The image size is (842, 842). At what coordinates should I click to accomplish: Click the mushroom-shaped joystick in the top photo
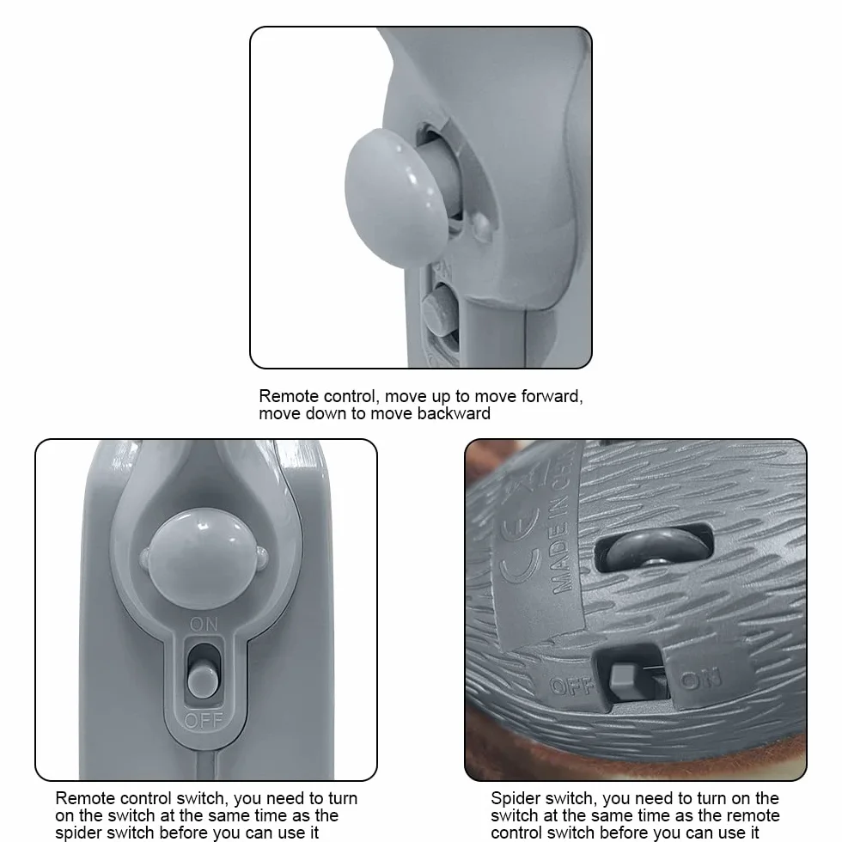[394, 197]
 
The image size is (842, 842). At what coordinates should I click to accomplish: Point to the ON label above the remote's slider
[204, 624]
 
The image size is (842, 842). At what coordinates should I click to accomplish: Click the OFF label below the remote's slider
[204, 720]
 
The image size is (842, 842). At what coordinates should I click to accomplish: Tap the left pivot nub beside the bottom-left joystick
[144, 558]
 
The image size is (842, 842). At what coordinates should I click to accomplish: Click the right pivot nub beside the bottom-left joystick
[263, 557]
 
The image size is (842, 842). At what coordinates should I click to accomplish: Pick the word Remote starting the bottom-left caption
[84, 798]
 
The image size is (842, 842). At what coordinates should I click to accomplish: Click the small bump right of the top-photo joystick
[482, 225]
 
